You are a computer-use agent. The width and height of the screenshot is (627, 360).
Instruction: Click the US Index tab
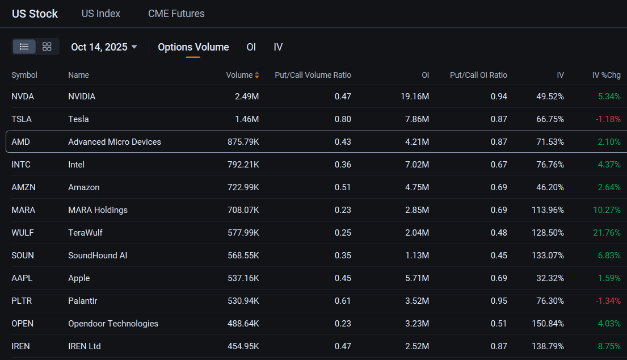101,14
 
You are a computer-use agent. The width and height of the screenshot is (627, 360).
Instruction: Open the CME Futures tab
176,14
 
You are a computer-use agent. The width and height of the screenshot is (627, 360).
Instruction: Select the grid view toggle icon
47,47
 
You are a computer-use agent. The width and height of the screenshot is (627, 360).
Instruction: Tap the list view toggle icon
24,47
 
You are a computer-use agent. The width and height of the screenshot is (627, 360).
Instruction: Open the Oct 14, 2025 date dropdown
104,47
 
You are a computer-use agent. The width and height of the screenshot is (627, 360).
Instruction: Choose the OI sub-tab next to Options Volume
251,47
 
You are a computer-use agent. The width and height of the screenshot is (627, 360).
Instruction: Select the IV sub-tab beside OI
278,47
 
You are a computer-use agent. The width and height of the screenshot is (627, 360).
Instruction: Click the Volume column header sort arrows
256,75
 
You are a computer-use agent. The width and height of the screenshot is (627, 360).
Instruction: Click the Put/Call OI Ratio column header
478,75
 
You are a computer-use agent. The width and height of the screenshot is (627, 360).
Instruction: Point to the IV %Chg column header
606,75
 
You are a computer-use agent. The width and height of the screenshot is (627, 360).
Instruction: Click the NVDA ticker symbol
23,97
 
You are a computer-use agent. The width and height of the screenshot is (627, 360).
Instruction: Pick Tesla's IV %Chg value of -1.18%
608,119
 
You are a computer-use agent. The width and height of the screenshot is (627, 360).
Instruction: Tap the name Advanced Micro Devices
115,142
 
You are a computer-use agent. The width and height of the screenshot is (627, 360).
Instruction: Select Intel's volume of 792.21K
243,165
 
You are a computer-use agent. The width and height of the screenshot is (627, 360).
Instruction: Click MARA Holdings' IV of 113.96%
548,210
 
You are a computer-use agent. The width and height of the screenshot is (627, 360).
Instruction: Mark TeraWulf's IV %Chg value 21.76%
607,233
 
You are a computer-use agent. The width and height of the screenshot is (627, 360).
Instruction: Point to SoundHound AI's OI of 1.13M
417,256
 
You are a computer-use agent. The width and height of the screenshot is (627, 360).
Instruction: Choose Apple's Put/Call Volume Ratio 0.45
343,278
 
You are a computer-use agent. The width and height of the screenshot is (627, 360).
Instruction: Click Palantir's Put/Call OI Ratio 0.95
499,301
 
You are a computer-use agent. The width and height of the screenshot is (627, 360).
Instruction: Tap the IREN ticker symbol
21,346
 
